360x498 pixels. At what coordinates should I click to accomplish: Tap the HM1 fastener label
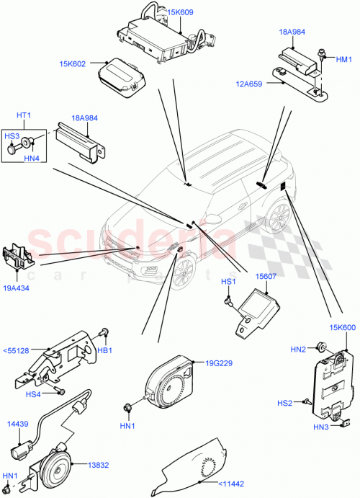pos(345,58)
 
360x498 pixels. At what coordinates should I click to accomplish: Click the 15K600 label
pos(341,328)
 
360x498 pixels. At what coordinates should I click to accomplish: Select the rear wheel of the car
pos(278,219)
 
